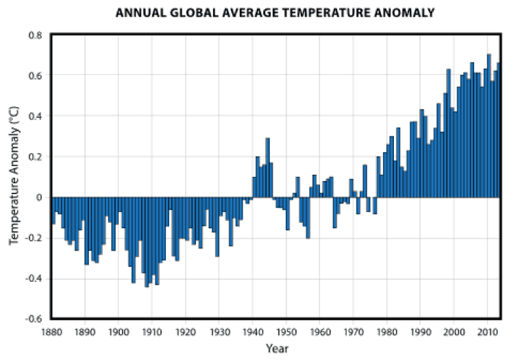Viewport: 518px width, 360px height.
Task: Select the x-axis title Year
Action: [x=277, y=348]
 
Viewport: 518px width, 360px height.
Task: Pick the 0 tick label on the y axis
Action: [x=38, y=197]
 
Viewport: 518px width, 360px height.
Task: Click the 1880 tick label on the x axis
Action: [x=51, y=333]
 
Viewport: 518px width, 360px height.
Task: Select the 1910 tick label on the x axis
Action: [x=152, y=333]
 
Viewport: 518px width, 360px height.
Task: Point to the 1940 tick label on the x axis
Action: [x=253, y=333]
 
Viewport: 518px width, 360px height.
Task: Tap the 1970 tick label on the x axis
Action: [x=354, y=333]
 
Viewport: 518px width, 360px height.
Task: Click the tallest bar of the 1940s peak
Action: [x=268, y=168]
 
